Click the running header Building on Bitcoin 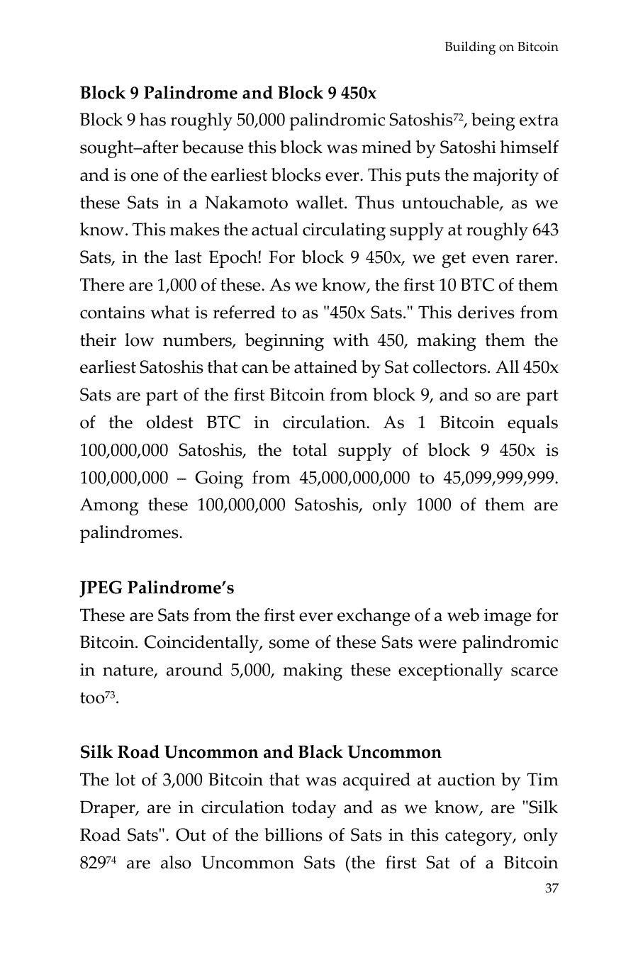500,47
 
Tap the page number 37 551,889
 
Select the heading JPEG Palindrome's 157,588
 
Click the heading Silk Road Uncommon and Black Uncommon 260,753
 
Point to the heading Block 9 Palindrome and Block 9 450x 228,93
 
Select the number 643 544,231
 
